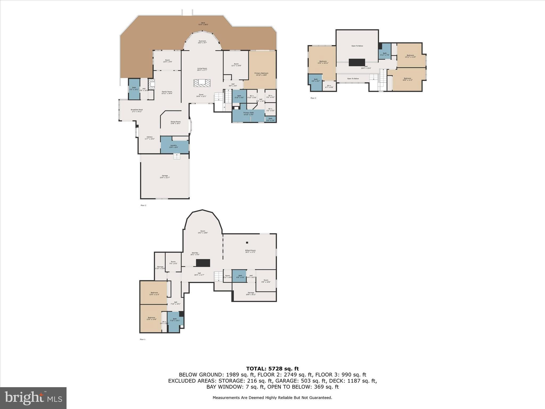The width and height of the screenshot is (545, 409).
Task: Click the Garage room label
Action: [165, 177]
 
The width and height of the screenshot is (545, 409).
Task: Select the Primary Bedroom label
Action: [261, 74]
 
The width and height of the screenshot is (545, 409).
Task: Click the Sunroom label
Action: [202, 42]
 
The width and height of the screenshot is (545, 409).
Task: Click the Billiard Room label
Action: [250, 251]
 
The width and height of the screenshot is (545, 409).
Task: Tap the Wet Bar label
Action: [195, 253]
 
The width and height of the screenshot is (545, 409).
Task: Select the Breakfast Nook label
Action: [137, 111]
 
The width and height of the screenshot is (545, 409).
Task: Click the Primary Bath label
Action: [249, 113]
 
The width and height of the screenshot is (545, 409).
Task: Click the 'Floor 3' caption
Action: [313, 98]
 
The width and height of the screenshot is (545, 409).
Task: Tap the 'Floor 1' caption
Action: [143, 339]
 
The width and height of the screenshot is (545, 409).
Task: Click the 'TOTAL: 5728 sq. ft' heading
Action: [272, 369]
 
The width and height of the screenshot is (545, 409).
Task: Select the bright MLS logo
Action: [33, 398]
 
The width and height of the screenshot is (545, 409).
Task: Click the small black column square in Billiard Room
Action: [247, 242]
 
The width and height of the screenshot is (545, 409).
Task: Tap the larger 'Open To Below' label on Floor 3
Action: [357, 46]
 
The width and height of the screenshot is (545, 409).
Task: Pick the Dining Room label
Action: [175, 122]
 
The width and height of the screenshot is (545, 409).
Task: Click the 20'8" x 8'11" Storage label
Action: [251, 293]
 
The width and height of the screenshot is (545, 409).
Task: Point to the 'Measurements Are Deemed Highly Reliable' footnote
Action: [272, 398]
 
